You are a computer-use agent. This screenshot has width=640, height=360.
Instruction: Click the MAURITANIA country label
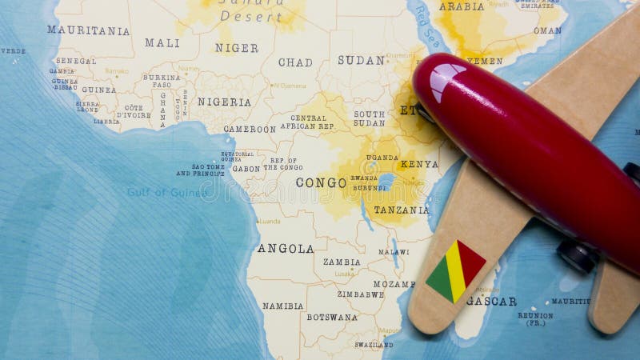[x=88, y=30]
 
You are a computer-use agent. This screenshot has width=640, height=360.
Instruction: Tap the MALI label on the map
[x=162, y=43]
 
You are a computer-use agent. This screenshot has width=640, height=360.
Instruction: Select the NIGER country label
[x=236, y=48]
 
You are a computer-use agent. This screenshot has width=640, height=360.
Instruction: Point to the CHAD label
[x=295, y=62]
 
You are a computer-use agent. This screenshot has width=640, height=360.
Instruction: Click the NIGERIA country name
[x=224, y=102]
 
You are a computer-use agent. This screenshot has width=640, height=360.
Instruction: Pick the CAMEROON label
[x=250, y=129]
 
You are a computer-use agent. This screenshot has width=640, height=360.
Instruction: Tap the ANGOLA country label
[x=286, y=249]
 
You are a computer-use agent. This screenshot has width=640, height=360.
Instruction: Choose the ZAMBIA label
[x=342, y=262]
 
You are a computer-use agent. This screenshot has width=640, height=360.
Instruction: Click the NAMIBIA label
[x=283, y=306]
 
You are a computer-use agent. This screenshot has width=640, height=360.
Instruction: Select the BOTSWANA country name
[x=332, y=317]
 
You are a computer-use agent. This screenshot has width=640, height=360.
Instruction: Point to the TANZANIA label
[x=402, y=210]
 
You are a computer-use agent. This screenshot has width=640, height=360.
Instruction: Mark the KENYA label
[x=419, y=164]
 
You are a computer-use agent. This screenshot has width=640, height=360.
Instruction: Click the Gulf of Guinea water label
[x=167, y=192]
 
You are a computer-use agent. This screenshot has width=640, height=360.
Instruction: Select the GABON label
[x=246, y=169]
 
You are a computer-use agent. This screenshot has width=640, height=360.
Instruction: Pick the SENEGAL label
[x=76, y=61]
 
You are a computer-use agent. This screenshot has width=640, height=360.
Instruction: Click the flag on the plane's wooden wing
[x=455, y=270]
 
